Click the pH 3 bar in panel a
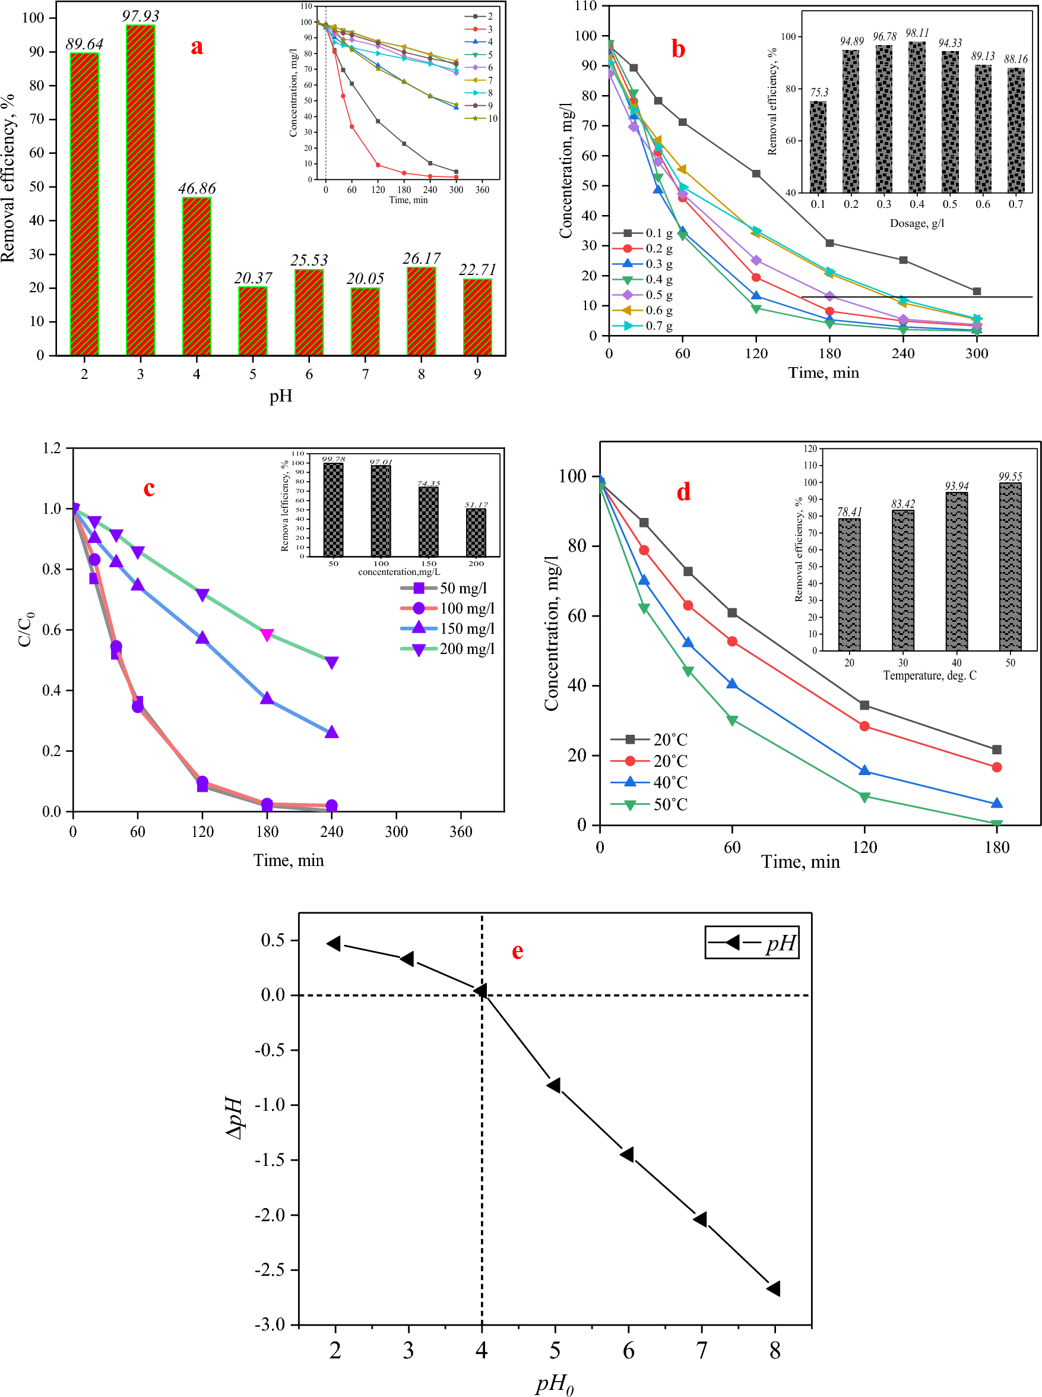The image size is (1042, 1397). click(140, 189)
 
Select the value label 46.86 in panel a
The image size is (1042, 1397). click(197, 188)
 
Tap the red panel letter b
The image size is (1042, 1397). click(678, 49)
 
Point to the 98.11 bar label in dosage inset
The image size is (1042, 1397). click(917, 33)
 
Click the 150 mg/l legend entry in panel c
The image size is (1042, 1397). click(448, 628)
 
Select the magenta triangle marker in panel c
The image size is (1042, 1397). click(267, 634)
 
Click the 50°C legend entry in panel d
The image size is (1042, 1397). click(650, 804)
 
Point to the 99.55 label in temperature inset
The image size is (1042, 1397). click(1011, 476)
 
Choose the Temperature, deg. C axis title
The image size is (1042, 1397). click(930, 676)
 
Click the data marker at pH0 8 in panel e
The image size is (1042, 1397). click(774, 1288)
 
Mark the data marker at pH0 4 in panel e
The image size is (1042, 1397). click(481, 991)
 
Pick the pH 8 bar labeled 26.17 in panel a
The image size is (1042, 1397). click(422, 311)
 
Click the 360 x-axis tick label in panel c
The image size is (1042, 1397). click(461, 832)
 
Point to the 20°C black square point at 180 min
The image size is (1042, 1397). click(997, 750)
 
